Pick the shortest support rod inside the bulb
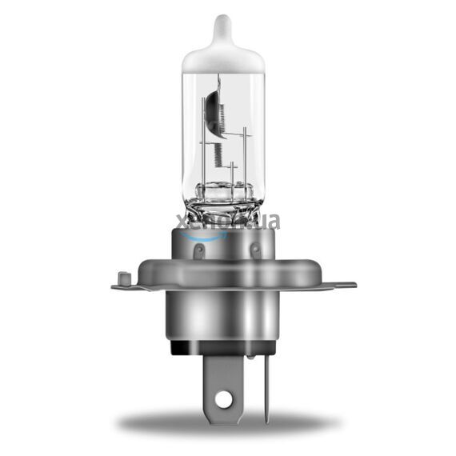click(231, 172)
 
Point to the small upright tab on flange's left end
click(122, 278)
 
